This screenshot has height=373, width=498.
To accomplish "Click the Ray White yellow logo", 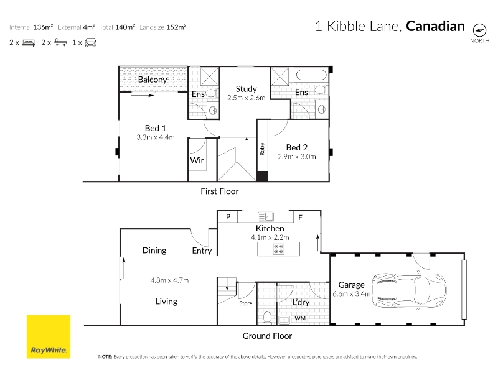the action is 49,336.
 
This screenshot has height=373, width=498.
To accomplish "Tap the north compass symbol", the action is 479,30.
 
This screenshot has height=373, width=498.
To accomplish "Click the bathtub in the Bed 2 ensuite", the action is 311,75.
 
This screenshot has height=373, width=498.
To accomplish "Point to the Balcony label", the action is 153,80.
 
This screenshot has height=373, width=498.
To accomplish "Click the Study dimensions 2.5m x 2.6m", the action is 246,98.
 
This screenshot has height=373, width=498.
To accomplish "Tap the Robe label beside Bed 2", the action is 262,149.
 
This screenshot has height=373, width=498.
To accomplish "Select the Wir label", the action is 197,160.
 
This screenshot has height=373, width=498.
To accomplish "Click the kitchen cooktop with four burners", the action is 278,249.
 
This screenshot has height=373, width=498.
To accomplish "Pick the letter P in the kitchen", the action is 228,217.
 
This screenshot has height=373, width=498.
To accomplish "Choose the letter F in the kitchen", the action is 300,218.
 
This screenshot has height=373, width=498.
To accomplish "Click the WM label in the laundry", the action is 300,318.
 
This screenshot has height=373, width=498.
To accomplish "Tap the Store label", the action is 245,303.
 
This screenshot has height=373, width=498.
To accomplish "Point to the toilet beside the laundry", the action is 267,318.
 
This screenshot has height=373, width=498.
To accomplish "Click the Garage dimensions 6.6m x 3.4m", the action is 352,293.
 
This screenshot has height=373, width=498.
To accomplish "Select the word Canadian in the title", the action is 435,26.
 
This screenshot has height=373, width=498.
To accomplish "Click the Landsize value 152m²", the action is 176,27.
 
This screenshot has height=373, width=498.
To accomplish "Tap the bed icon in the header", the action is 29,42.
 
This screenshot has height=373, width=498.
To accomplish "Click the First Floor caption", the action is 220,191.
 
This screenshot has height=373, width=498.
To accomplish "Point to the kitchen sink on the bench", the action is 266,216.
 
